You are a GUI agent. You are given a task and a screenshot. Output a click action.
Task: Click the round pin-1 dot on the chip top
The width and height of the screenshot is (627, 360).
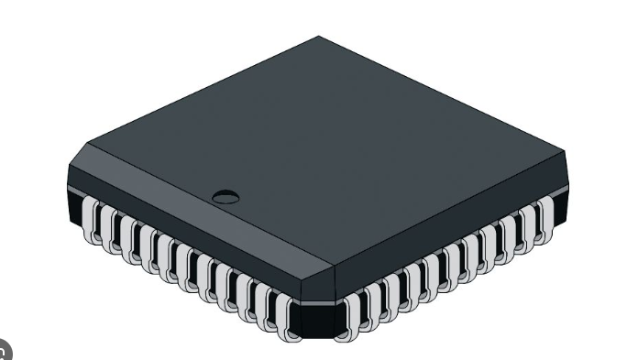pyautogui.click(x=225, y=195)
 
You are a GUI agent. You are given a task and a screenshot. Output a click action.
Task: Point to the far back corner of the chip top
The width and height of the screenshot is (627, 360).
pyautogui.click(x=319, y=38)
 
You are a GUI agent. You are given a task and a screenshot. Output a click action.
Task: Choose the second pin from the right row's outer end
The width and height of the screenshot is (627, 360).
pyautogui.click(x=527, y=224)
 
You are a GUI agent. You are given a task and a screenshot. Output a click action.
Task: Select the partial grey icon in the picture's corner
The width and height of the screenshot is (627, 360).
pyautogui.click(x=5, y=352)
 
